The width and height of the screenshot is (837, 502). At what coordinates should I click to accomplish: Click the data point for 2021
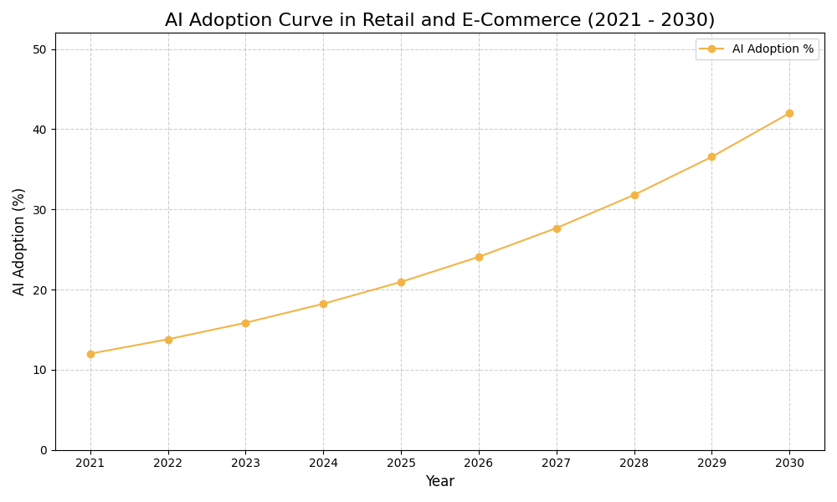click(90, 354)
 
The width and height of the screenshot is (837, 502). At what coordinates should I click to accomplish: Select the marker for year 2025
click(401, 282)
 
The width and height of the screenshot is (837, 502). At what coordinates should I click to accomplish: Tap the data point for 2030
click(789, 113)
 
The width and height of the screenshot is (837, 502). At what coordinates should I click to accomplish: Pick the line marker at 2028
click(634, 195)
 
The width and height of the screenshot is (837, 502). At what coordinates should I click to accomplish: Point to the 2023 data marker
click(245, 323)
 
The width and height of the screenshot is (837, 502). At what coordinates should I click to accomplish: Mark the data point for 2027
click(557, 228)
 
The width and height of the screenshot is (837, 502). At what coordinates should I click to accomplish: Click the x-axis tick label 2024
click(323, 463)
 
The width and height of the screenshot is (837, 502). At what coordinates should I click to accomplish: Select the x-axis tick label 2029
click(711, 463)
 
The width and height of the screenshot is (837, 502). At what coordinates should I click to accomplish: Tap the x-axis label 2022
click(168, 463)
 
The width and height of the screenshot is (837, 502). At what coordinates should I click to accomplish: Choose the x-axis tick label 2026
click(479, 463)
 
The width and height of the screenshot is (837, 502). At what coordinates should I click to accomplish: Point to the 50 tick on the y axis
click(40, 49)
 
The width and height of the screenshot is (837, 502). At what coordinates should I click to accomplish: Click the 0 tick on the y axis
click(44, 450)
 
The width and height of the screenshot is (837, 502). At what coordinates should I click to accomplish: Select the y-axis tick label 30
click(40, 210)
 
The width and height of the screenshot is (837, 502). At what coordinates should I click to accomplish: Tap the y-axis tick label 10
click(40, 370)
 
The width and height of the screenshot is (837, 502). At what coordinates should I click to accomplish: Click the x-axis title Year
click(439, 482)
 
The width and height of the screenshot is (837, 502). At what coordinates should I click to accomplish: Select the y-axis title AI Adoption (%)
click(19, 241)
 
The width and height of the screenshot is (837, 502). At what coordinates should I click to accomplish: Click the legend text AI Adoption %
click(773, 49)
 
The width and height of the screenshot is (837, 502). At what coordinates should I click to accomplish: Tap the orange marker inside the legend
click(711, 49)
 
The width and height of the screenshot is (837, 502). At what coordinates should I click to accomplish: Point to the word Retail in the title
click(389, 20)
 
